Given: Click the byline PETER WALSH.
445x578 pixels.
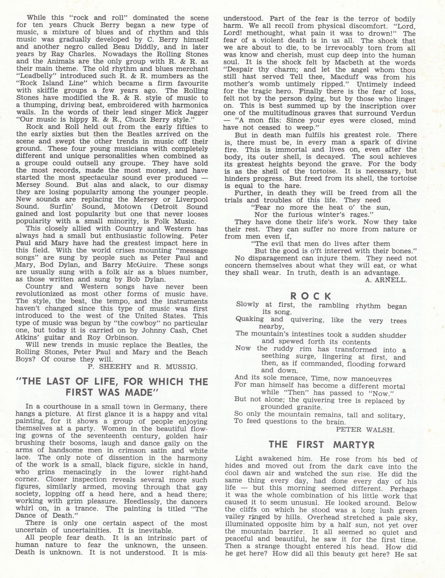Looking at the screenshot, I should [x=365, y=429].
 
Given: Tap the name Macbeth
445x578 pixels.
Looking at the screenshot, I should [x=331, y=63].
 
